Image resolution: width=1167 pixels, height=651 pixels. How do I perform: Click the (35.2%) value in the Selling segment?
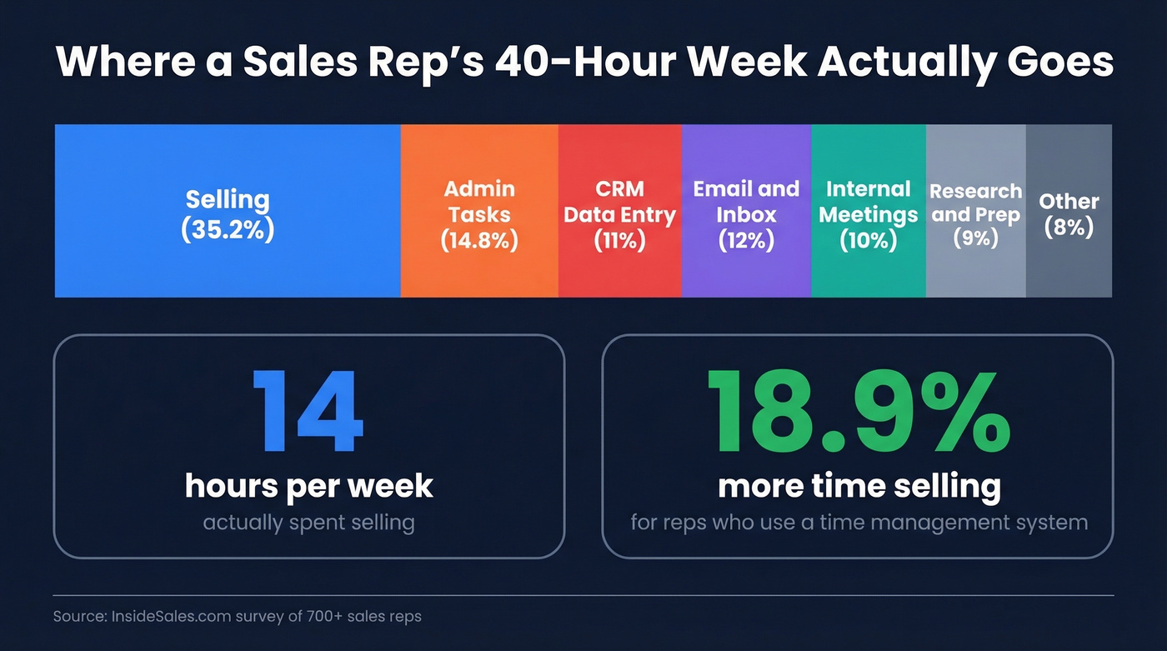pos(228,229)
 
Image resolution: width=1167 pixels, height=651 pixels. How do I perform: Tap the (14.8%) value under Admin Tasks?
pos(479,241)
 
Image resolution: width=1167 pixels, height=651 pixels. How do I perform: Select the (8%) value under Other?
pos(1069,228)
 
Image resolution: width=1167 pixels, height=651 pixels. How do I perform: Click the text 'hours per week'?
pos(308,486)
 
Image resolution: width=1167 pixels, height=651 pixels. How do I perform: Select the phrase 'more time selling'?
pos(859,486)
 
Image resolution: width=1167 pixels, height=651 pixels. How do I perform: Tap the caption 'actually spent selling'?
pos(308,523)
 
